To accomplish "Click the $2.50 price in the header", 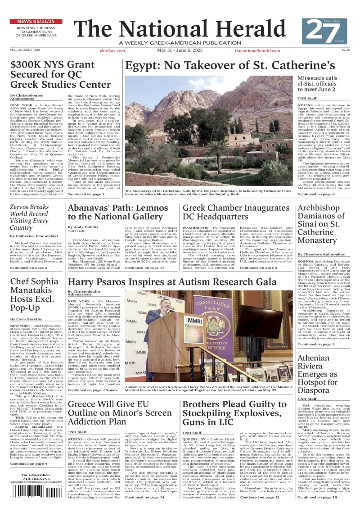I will point(346,50).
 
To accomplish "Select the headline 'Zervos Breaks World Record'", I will point(36,217).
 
